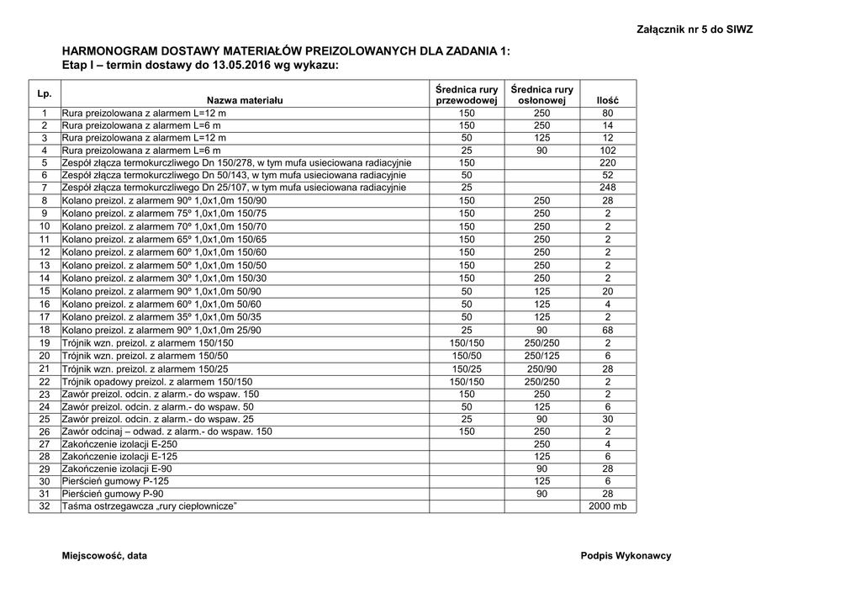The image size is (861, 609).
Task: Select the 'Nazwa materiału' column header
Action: click(245, 100)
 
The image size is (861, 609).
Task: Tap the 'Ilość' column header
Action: click(607, 100)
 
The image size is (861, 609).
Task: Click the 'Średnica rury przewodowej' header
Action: click(467, 94)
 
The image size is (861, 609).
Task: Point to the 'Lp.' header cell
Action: click(45, 93)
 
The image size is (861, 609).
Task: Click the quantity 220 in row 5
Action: click(607, 162)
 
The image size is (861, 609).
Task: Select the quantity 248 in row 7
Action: click(607, 188)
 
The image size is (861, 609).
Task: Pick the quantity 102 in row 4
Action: click(607, 150)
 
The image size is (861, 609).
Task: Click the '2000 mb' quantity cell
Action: click(607, 506)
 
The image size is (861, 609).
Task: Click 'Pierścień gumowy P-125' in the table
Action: click(113, 481)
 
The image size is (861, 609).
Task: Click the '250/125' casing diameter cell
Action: click(541, 356)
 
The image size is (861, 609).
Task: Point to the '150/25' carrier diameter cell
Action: click(467, 368)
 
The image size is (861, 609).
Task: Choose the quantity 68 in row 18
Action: click(607, 331)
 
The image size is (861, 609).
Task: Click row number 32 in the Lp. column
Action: click(45, 506)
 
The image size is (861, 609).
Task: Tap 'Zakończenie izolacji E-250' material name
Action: click(120, 443)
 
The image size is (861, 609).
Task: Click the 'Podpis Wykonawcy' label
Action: click(626, 556)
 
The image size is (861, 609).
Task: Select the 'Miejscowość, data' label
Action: click(104, 556)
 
